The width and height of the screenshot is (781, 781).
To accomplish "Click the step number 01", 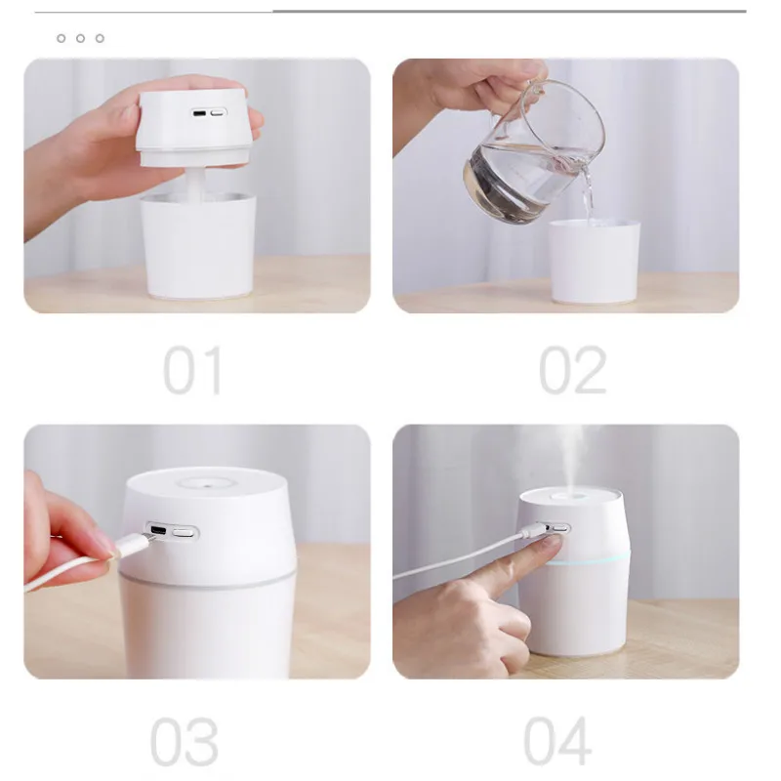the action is click(192, 370).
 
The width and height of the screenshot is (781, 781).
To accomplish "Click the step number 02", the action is click(573, 370).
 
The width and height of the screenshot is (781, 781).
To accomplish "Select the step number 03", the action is click(185, 742).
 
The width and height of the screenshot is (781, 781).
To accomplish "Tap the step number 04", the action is click(557, 740).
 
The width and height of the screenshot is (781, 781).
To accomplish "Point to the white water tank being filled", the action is click(594, 262).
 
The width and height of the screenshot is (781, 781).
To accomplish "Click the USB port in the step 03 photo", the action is click(158, 530).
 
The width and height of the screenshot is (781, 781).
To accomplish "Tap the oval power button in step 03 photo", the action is click(184, 532).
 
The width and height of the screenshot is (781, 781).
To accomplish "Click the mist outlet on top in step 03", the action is click(205, 483).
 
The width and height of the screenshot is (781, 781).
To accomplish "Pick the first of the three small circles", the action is click(62, 38).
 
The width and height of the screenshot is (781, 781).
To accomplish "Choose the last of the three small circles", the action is click(101, 38).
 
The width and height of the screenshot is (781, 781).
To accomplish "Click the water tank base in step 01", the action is click(198, 247).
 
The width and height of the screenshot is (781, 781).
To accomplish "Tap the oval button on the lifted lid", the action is click(217, 112).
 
